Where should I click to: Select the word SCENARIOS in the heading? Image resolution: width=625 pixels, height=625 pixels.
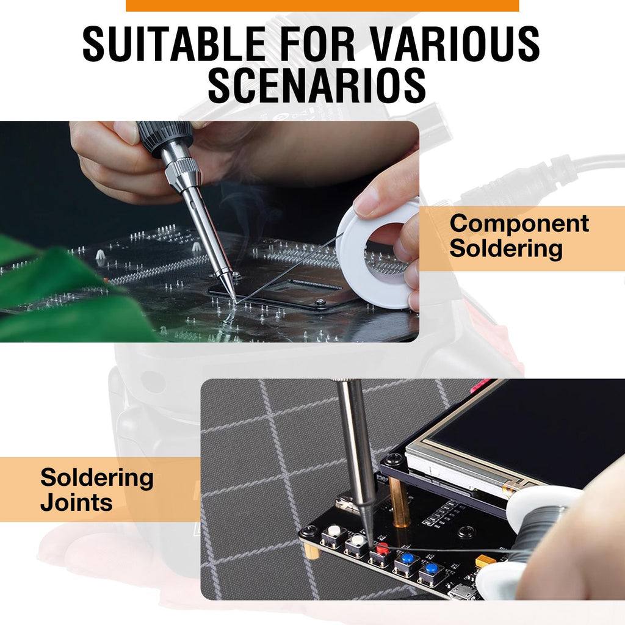pyautogui.click(x=317, y=85)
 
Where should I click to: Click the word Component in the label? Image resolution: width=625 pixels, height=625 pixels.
pyautogui.click(x=519, y=224)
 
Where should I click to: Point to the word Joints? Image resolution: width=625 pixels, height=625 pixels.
pyautogui.click(x=76, y=502)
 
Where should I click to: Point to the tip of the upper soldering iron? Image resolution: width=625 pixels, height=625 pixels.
pyautogui.click(x=236, y=302)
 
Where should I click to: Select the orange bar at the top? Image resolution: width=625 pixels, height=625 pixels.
pyautogui.click(x=322, y=5)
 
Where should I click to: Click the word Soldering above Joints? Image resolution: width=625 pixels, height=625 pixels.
pyautogui.click(x=97, y=477)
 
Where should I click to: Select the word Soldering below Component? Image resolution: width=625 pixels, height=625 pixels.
pyautogui.click(x=506, y=249)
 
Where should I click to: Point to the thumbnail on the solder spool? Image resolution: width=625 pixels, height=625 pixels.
pyautogui.click(x=367, y=201)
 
